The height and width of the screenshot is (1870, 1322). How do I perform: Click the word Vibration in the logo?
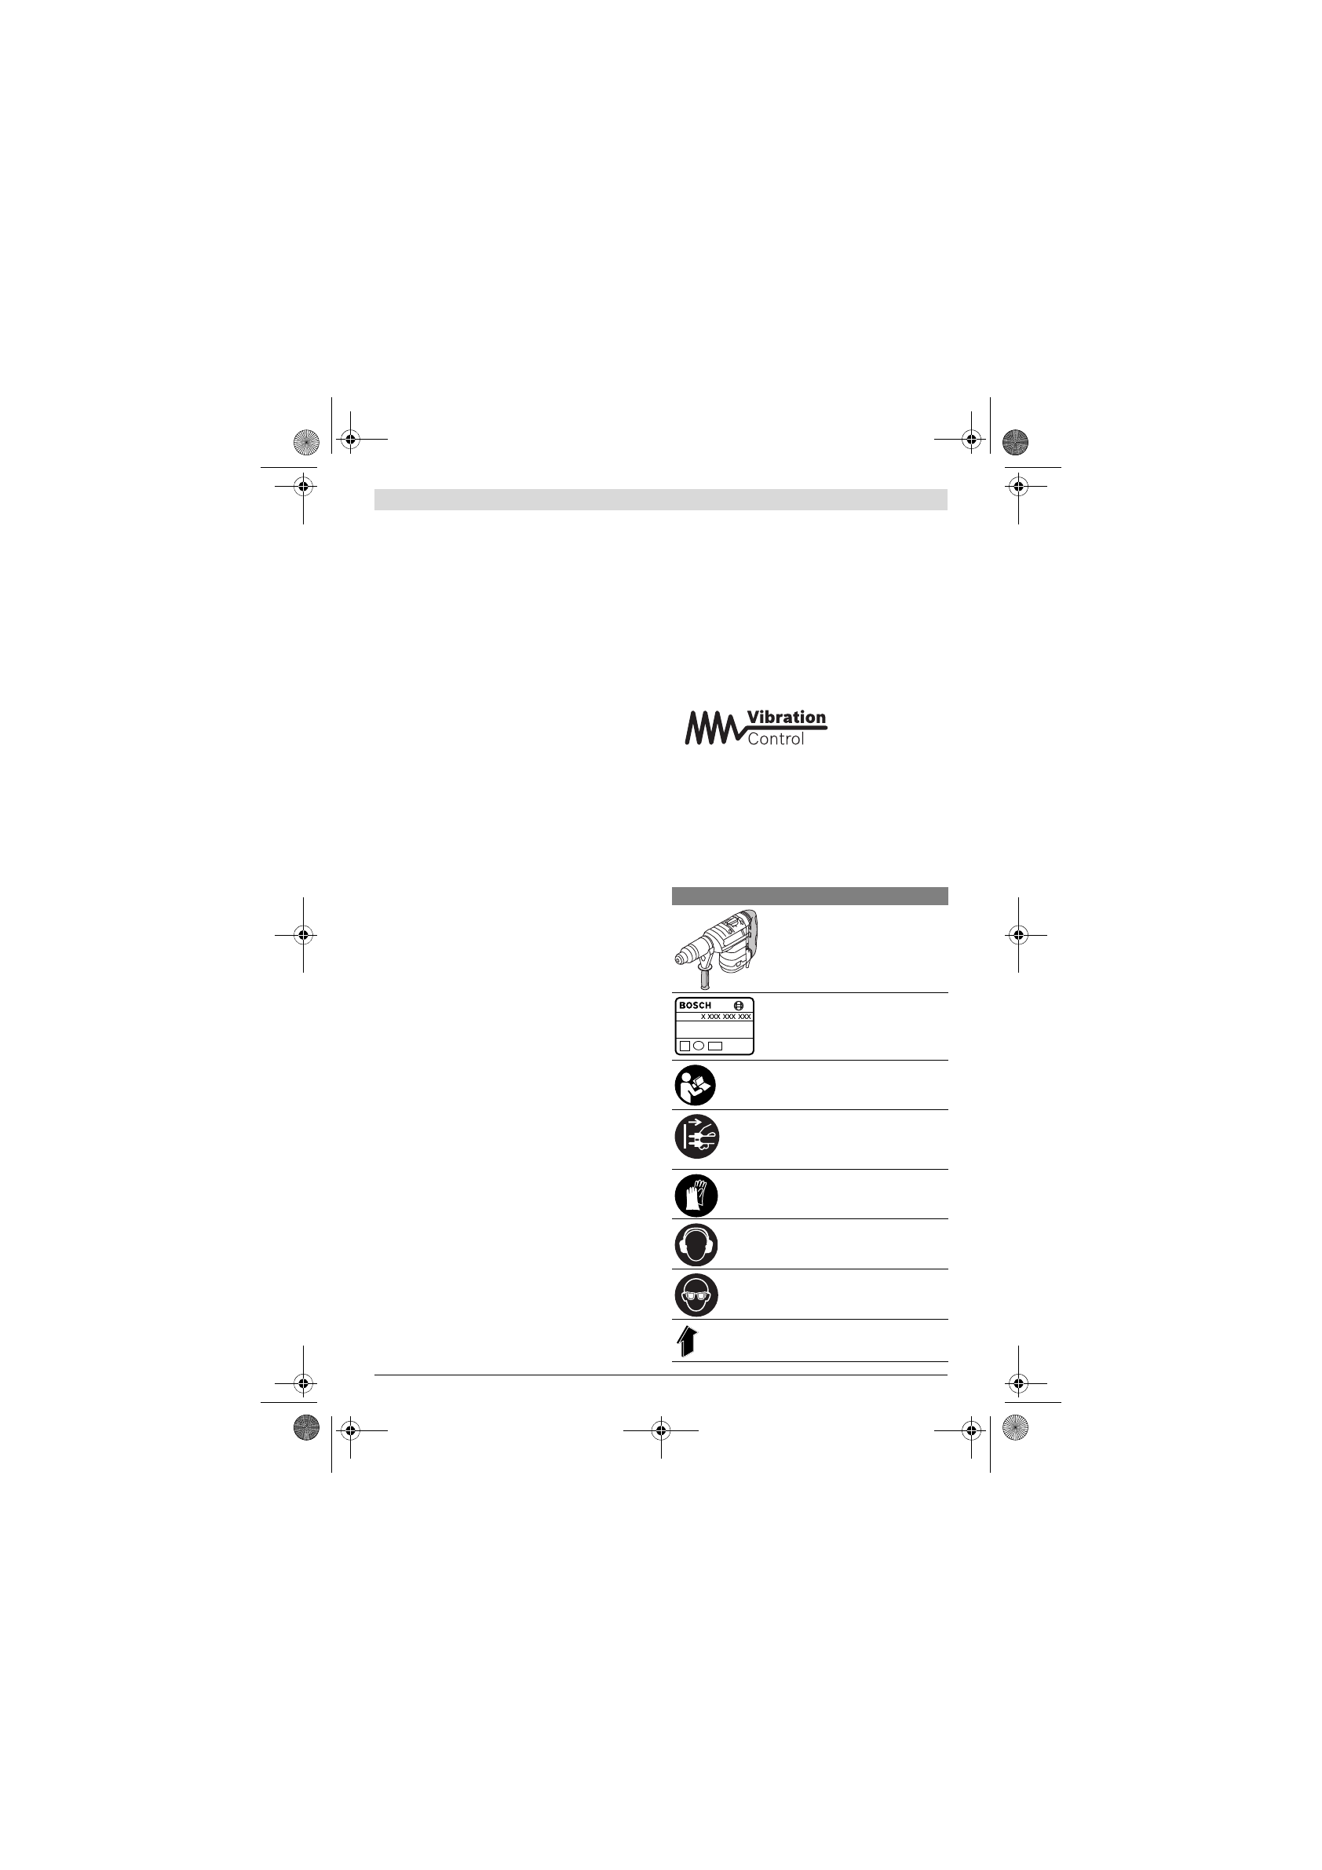tap(786, 718)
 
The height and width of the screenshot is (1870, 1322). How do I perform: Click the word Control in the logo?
tap(776, 739)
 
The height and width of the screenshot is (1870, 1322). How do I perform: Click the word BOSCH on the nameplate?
tap(695, 1005)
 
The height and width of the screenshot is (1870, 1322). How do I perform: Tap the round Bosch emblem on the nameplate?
tap(739, 1005)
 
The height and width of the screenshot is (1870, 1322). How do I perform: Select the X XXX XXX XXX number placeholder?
tap(725, 1017)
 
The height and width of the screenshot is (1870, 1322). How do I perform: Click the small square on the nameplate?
tap(685, 1045)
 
